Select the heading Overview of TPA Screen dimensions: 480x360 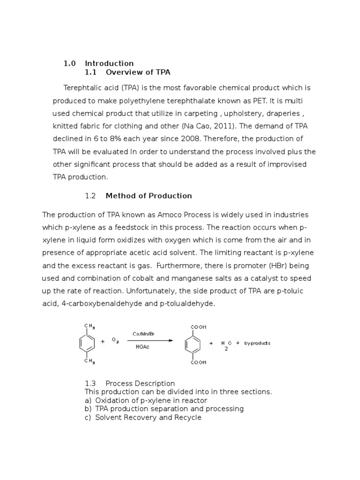coord(138,72)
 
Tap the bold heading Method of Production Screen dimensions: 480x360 coord(149,195)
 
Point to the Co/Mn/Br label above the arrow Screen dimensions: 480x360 coord(143,334)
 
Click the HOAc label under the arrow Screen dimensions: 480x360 coord(142,348)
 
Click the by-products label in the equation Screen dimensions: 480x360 coord(257,343)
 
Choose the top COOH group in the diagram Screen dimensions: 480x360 coord(198,327)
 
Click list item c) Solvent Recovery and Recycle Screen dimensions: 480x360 coord(143,417)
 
